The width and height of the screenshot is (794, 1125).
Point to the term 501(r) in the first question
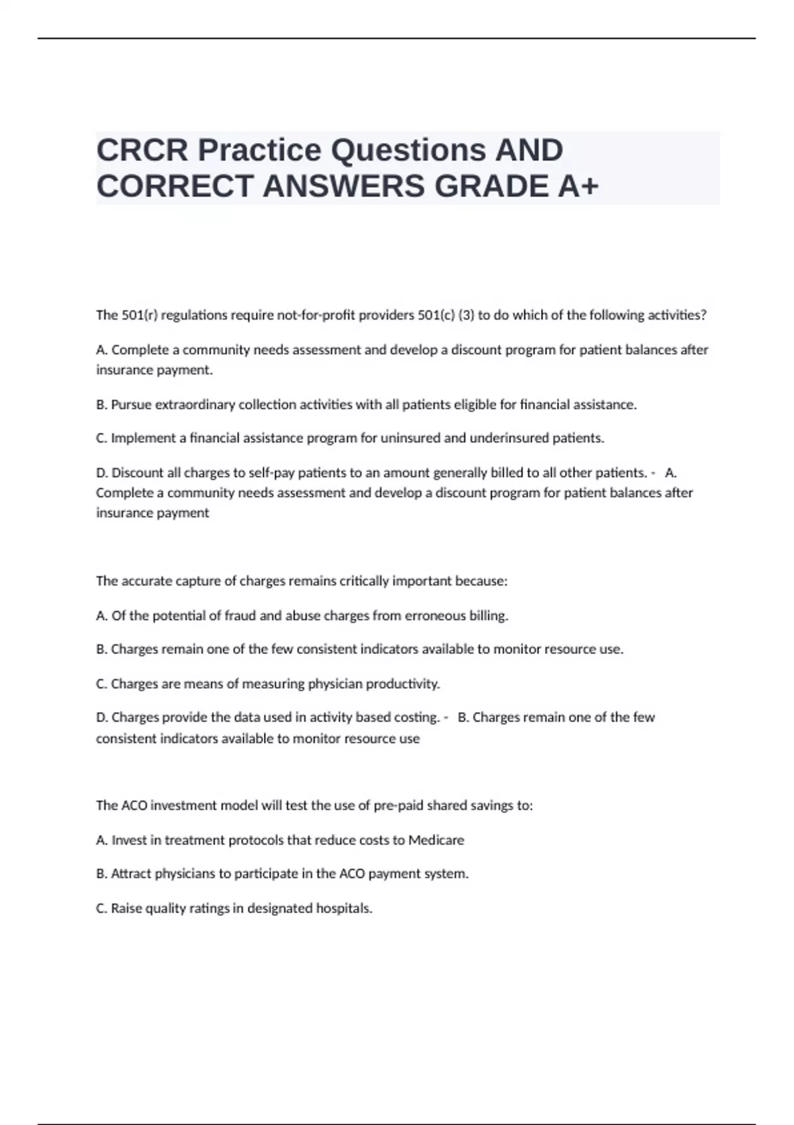pos(139,315)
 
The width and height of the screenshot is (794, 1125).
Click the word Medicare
pos(436,840)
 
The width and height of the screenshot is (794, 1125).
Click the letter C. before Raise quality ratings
pos(102,908)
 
